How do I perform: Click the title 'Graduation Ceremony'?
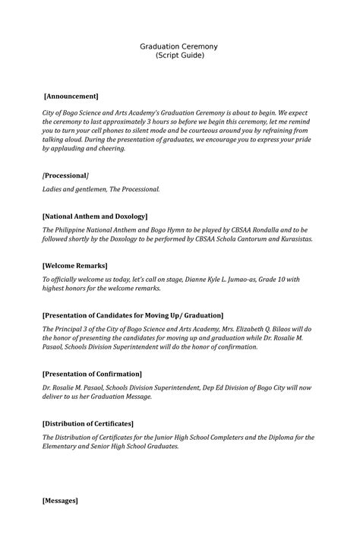pos(178,46)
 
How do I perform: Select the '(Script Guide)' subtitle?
pos(178,56)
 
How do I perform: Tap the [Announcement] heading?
pos(71,96)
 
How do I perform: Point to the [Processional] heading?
pos(66,175)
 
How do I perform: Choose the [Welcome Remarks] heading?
pos(75,266)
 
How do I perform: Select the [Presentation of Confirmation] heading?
pos(92,375)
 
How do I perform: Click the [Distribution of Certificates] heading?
pos(88,423)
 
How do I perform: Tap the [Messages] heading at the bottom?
pos(60,501)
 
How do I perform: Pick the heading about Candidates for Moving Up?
pos(133,315)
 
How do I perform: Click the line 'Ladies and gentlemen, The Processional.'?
pos(101,188)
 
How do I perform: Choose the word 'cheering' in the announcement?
pos(108,149)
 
